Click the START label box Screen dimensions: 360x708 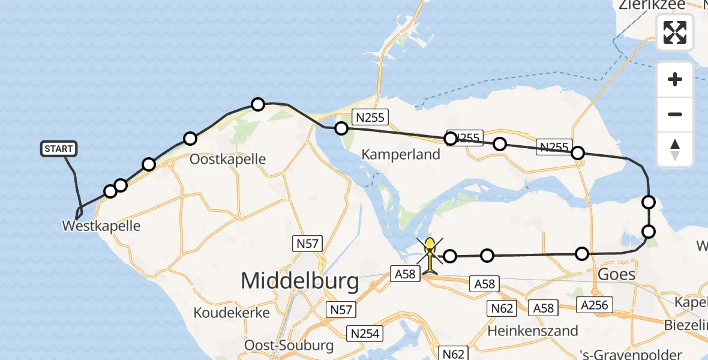tap(59, 149)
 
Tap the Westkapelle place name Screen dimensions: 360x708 tap(101, 226)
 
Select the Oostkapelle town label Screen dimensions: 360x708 tap(227, 160)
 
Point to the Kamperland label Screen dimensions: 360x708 tap(401, 155)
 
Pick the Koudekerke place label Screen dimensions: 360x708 tap(232, 313)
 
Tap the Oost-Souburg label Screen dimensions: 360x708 tap(289, 346)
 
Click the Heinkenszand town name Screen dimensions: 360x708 tap(533, 331)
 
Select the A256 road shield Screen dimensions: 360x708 tap(594, 305)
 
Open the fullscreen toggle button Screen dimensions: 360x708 tap(675, 32)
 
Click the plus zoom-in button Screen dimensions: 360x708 tap(675, 79)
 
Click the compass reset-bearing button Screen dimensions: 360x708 tap(675, 149)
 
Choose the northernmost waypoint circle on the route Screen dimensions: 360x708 tap(258, 104)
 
